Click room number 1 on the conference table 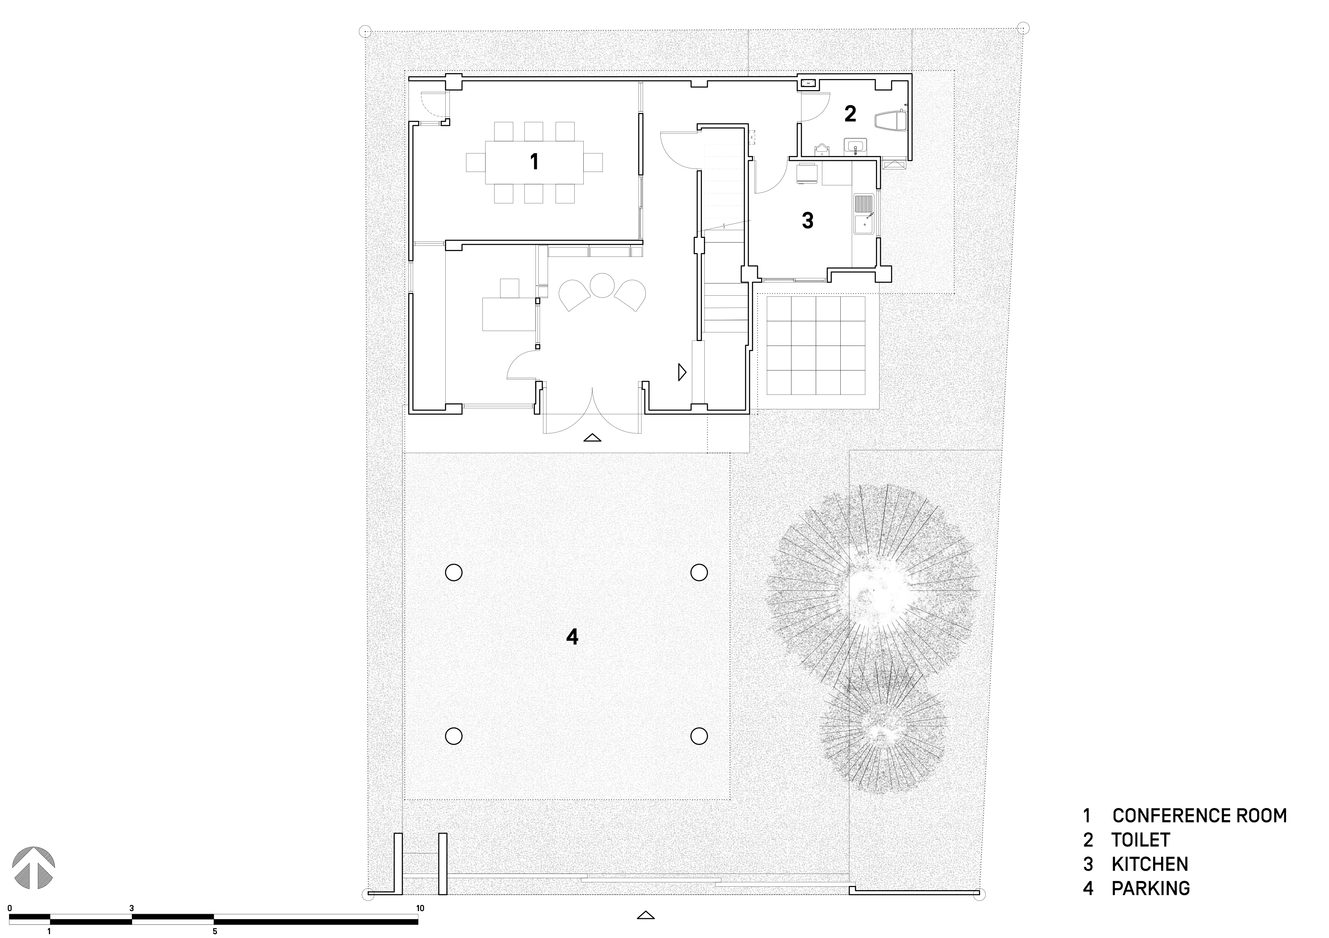534,162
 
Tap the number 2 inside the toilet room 850,114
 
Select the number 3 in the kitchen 807,220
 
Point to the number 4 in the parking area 572,637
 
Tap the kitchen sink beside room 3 864,215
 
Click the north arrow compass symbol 34,867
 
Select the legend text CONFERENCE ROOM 1199,815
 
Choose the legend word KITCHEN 1150,864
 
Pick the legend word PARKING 1151,888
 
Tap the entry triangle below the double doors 592,437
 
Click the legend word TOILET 1140,840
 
